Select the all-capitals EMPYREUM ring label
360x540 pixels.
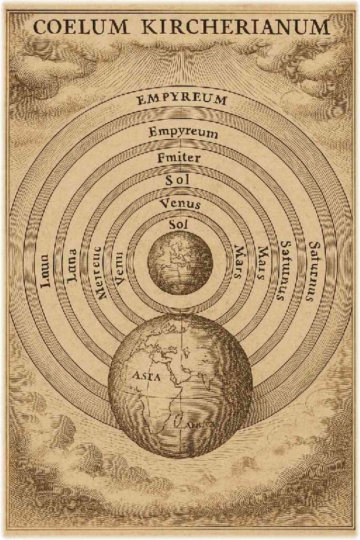[182, 99]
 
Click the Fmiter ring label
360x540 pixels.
[179, 157]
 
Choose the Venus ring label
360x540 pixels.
[181, 203]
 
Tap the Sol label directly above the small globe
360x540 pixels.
[179, 225]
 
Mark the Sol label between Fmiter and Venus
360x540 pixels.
[178, 180]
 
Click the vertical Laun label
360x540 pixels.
[45, 271]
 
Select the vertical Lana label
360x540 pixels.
[72, 266]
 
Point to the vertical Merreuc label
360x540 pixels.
[100, 273]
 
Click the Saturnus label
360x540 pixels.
[314, 271]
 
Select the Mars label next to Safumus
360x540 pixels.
[260, 263]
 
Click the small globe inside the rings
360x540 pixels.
[180, 262]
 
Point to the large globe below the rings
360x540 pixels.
[180, 385]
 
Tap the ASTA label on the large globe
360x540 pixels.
[144, 377]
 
